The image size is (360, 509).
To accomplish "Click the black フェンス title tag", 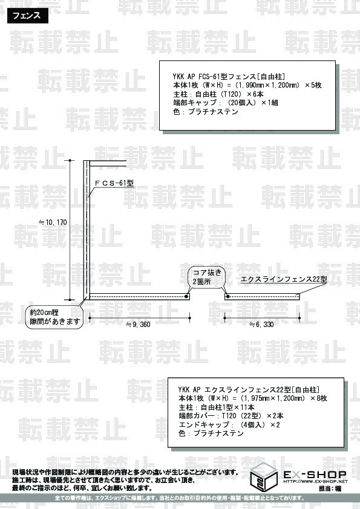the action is (x=28, y=16).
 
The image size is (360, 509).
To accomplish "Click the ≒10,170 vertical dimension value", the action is (x=53, y=222).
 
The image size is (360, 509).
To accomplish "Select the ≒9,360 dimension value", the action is (x=138, y=324).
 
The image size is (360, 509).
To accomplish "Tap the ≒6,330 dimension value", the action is (x=261, y=324).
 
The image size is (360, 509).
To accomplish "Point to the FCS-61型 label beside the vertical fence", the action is (x=114, y=183).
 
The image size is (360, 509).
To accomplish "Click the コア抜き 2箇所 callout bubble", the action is (x=207, y=277).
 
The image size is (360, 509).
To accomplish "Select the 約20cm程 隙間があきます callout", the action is (x=54, y=317).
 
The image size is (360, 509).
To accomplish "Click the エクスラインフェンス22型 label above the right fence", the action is (x=284, y=279).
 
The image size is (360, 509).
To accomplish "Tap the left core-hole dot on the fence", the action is (x=186, y=297).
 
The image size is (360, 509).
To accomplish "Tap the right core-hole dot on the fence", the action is (x=227, y=297).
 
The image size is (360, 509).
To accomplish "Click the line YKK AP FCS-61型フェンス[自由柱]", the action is (x=229, y=77).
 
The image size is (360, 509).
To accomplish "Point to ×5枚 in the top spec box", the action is (x=313, y=85).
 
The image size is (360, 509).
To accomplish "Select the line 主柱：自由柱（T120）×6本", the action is (x=218, y=94).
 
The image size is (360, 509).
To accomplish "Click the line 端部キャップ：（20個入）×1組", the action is (x=226, y=103).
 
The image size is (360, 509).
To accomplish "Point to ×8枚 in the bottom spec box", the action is (x=319, y=398).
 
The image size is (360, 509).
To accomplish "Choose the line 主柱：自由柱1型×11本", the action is (x=217, y=407).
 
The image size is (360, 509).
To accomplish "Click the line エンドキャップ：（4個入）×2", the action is (x=229, y=424).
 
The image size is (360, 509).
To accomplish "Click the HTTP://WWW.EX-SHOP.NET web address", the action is (x=315, y=482).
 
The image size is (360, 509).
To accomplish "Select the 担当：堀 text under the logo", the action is (x=330, y=488).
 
